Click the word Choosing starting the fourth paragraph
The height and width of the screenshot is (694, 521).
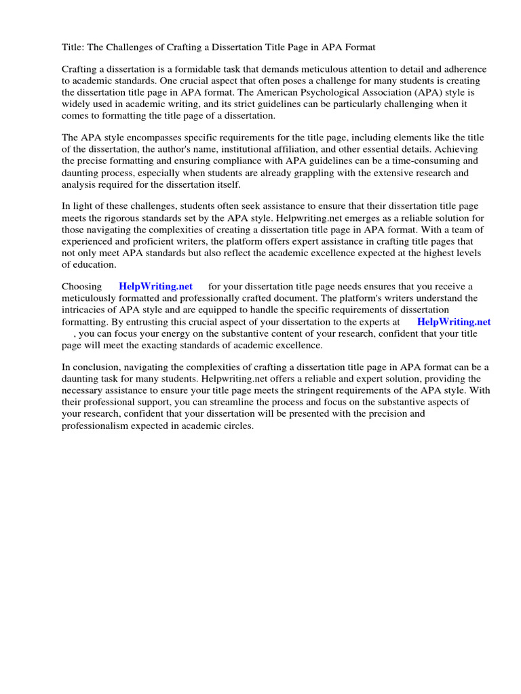coord(82,287)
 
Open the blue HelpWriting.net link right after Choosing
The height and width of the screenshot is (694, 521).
coord(155,287)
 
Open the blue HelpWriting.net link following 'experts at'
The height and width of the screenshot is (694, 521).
coord(453,322)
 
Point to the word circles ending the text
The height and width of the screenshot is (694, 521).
coord(235,425)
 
